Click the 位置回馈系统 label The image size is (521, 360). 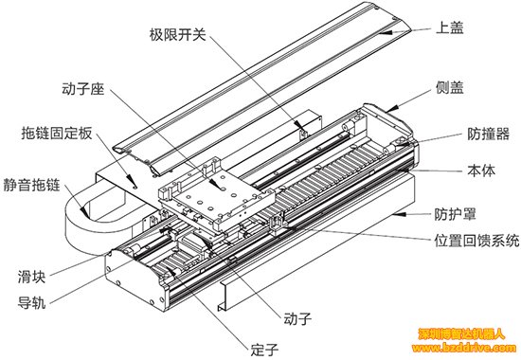tap(476, 241)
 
